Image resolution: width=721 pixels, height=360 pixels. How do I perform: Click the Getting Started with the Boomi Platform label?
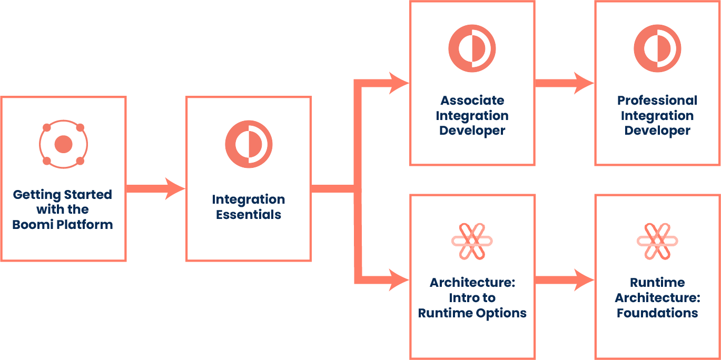(63, 209)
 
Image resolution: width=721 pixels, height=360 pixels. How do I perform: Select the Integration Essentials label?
(249, 207)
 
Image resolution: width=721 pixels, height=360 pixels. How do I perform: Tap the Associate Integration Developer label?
(472, 115)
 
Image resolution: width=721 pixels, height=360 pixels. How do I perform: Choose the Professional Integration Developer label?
(657, 115)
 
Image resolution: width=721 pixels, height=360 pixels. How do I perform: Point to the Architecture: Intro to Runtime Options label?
(472, 298)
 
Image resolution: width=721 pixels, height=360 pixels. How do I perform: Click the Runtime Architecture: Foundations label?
(657, 298)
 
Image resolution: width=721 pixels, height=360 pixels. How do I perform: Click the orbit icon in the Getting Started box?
(63, 144)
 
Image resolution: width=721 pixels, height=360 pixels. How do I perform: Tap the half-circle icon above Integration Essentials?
(249, 145)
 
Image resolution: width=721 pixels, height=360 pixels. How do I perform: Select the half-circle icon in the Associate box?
(472, 48)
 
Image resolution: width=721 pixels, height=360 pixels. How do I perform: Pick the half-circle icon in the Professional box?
(657, 48)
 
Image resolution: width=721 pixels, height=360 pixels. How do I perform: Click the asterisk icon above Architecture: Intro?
(472, 241)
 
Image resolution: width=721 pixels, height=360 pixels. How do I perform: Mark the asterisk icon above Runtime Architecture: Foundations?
(657, 241)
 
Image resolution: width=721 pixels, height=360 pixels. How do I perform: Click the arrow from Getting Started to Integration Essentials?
(155, 188)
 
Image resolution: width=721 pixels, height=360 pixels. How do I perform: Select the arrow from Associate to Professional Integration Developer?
(564, 83)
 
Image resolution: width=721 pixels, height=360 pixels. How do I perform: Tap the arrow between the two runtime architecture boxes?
(564, 279)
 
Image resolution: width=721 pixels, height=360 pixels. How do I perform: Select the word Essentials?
(249, 215)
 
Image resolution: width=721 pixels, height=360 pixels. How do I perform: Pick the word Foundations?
(657, 313)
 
